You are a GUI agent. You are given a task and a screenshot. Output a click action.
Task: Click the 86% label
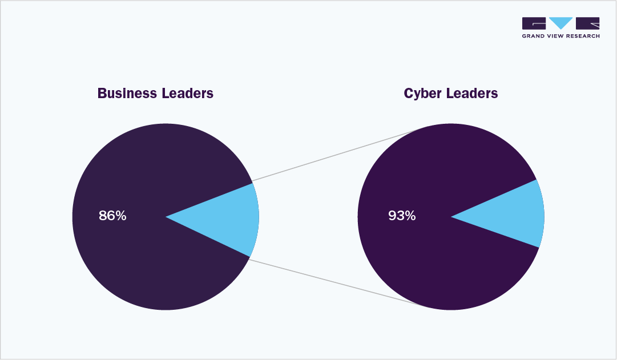(112, 216)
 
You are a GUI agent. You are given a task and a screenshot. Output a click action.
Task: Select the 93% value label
(402, 216)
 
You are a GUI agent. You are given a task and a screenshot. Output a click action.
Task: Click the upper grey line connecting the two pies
(337, 155)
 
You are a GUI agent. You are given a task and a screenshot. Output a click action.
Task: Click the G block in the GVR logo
(534, 23)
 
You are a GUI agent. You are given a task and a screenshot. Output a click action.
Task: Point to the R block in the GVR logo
(588, 23)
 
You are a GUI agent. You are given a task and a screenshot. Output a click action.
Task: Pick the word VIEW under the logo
(559, 36)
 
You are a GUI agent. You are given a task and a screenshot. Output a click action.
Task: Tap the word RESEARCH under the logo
(585, 36)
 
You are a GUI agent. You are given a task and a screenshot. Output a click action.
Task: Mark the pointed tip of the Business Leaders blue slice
(167, 217)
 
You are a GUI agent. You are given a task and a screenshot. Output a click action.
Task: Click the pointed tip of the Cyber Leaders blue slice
(453, 217)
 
